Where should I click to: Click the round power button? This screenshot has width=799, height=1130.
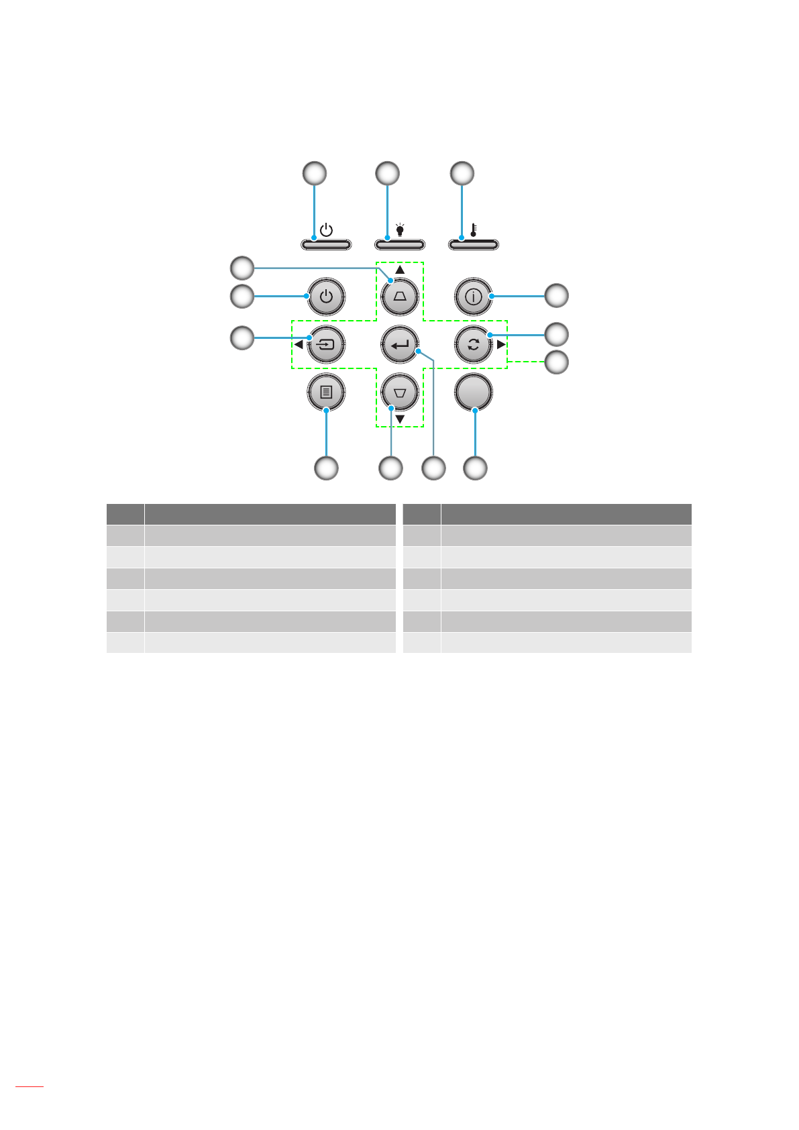pyautogui.click(x=326, y=296)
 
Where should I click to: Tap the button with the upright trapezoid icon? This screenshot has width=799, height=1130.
pyautogui.click(x=400, y=296)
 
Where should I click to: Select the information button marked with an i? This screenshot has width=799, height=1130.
pyautogui.click(x=474, y=296)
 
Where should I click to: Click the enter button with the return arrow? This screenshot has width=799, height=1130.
pyautogui.click(x=400, y=345)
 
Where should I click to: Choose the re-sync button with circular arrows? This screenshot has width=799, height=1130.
pyautogui.click(x=474, y=345)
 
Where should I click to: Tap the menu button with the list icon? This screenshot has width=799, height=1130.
pyautogui.click(x=326, y=392)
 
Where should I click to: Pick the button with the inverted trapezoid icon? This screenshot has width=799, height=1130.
pyautogui.click(x=400, y=392)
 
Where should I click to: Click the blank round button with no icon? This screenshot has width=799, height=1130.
pyautogui.click(x=474, y=392)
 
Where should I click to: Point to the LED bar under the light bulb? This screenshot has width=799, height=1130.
pyautogui.click(x=400, y=244)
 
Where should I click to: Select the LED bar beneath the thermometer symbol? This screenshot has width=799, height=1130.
pyautogui.click(x=474, y=244)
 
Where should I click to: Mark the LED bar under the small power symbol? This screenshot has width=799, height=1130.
pyautogui.click(x=326, y=244)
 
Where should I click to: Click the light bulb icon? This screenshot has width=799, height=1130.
pyautogui.click(x=400, y=230)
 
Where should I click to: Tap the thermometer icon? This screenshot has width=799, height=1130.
pyautogui.click(x=474, y=230)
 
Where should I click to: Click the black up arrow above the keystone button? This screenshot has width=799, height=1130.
pyautogui.click(x=400, y=270)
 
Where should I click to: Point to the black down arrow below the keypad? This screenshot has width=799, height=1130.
pyautogui.click(x=400, y=419)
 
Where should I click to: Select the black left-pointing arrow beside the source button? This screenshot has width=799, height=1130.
pyautogui.click(x=299, y=345)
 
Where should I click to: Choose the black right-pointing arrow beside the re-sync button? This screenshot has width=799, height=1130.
pyautogui.click(x=501, y=345)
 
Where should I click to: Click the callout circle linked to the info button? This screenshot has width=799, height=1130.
pyautogui.click(x=556, y=295)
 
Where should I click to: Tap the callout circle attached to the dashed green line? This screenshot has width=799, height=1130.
pyautogui.click(x=556, y=362)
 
